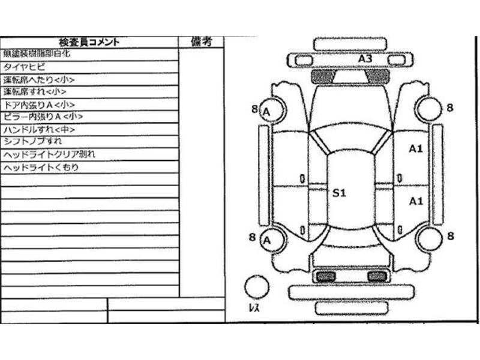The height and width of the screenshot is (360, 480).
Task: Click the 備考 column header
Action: click(x=201, y=41)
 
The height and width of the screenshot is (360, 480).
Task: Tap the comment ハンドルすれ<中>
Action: click(x=40, y=130)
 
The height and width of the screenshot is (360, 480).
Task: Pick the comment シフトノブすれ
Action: click(x=32, y=142)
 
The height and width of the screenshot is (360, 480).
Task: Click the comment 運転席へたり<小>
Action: click(x=39, y=79)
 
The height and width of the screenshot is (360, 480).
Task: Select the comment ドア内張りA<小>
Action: click(x=39, y=104)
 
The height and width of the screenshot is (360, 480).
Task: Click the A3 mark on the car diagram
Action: click(x=365, y=59)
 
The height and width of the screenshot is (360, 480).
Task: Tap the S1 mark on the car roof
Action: click(x=340, y=193)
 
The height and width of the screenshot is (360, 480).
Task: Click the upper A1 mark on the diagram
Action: click(x=416, y=148)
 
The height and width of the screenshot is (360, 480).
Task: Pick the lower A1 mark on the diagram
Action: click(x=416, y=202)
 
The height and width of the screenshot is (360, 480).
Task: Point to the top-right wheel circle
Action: click(x=430, y=109)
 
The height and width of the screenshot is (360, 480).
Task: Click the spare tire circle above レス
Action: click(x=257, y=286)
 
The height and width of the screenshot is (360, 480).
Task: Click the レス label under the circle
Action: click(x=254, y=308)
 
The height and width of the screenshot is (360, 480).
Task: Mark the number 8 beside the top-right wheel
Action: click(x=449, y=108)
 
